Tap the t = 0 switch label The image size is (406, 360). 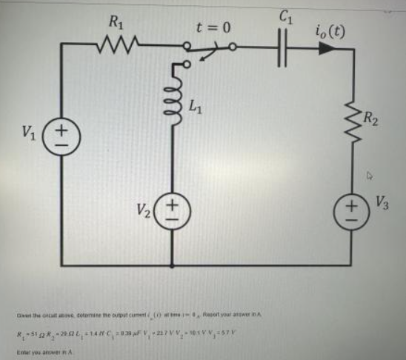click(x=213, y=28)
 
